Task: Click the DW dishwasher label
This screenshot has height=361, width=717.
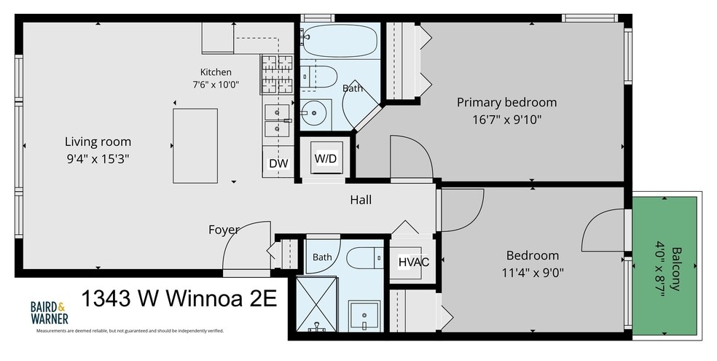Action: coord(278,163)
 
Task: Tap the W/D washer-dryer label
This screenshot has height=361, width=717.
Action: coord(326,159)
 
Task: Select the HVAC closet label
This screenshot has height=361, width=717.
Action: coord(414,262)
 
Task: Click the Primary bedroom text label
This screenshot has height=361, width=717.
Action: coord(506,102)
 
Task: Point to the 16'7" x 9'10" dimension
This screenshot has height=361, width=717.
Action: coord(506,120)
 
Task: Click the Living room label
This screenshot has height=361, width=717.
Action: coord(98,141)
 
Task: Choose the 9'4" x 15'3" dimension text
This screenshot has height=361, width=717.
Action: coord(98,159)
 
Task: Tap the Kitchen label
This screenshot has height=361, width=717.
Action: coord(216,71)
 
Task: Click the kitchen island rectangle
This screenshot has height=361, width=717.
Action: coord(195,146)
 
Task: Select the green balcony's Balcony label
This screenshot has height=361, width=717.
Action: coord(677,269)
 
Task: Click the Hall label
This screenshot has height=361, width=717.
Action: coord(361,200)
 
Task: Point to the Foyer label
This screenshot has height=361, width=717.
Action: coord(224,230)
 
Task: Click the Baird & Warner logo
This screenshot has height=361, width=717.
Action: coord(50,312)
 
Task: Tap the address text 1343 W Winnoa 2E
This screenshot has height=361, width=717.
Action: coord(179,299)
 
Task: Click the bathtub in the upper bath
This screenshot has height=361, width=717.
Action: coord(340,40)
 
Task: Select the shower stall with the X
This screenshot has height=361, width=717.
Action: coord(317,304)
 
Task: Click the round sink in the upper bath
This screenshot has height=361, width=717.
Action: coord(315,114)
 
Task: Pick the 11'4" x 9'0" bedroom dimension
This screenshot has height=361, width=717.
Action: coord(532,273)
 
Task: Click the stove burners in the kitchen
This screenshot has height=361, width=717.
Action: coord(277,74)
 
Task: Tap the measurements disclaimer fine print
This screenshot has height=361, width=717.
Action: coord(130,330)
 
